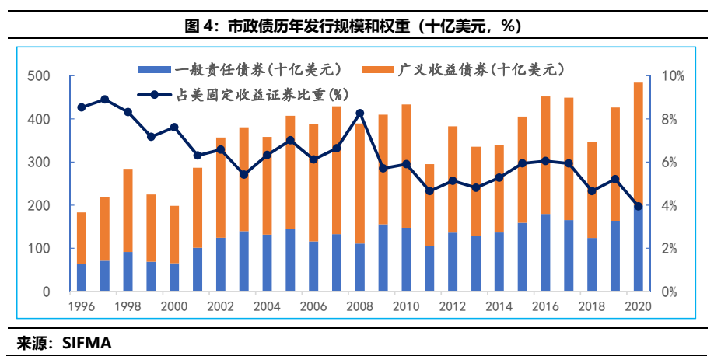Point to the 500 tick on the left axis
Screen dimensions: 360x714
click(x=38, y=76)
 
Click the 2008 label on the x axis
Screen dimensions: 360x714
click(x=359, y=306)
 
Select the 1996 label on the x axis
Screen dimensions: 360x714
click(x=81, y=306)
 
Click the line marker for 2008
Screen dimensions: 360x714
click(x=359, y=114)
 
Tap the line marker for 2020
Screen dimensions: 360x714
click(x=638, y=206)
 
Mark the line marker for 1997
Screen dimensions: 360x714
click(x=104, y=100)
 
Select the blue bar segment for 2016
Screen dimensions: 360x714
click(x=545, y=253)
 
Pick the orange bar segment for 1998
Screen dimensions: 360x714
click(x=128, y=210)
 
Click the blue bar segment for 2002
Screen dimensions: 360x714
click(x=220, y=264)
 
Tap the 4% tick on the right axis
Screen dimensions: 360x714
click(x=670, y=206)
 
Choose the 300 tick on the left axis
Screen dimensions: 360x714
click(x=38, y=163)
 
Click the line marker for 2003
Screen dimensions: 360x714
click(x=243, y=174)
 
